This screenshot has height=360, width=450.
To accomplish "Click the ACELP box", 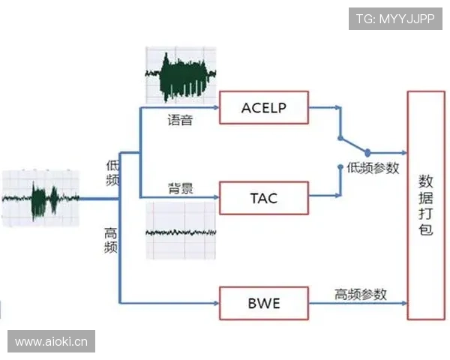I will [263, 108].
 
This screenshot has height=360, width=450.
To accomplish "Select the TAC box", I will [263, 198].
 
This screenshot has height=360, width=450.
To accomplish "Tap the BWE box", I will [263, 304].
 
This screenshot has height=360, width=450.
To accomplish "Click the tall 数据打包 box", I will [425, 206].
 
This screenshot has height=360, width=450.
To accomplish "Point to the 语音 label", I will [180, 120].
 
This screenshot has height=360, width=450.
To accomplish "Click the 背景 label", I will [180, 188].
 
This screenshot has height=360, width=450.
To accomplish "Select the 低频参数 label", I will [373, 168].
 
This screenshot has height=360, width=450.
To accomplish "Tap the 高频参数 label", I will [361, 294].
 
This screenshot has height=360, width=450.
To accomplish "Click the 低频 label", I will [112, 172].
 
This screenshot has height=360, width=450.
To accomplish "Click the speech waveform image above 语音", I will [180, 77].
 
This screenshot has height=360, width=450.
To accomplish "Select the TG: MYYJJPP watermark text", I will [394, 18].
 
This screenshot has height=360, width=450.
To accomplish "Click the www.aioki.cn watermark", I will [51, 342].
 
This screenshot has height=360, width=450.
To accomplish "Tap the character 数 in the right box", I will [425, 181].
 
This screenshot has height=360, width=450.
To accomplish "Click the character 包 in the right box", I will [425, 231].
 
